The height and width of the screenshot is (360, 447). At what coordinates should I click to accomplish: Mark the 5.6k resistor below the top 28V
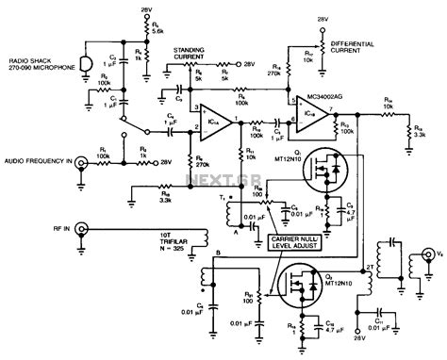[x=139, y=37]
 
